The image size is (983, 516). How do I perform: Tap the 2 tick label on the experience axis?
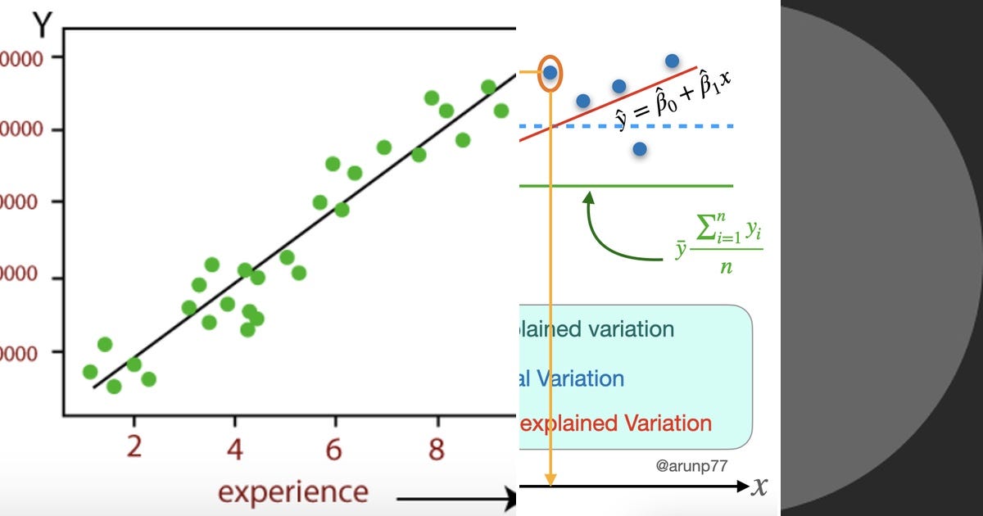[x=134, y=449]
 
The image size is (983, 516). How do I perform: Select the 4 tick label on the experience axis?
[x=235, y=449]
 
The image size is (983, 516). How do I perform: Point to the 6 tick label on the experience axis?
[x=335, y=449]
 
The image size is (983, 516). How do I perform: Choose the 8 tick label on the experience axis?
[x=437, y=449]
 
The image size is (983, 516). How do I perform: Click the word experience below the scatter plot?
[x=292, y=492]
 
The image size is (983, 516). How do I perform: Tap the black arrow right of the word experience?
[x=455, y=496]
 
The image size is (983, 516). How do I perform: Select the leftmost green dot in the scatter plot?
[x=90, y=372]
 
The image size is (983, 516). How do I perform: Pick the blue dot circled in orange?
[x=550, y=73]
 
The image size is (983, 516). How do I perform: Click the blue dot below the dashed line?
[x=640, y=149]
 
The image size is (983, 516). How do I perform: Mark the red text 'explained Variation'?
[x=616, y=423]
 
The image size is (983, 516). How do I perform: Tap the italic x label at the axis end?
[x=760, y=487]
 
